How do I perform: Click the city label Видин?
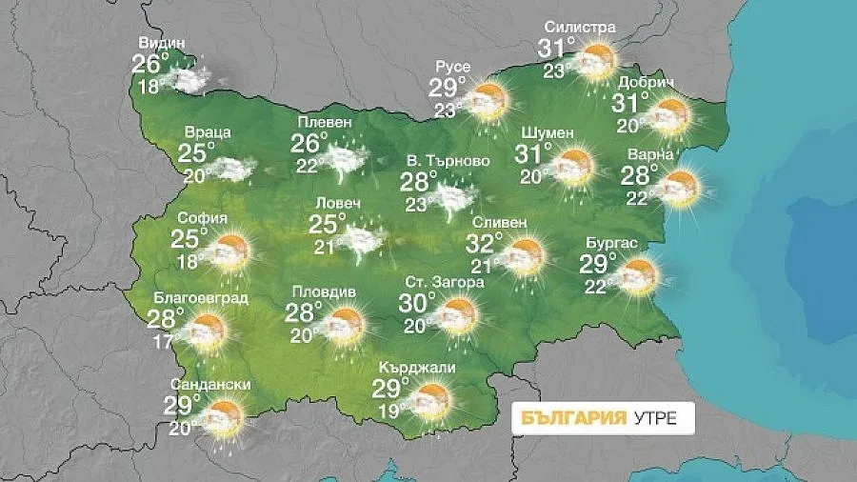pyautogui.click(x=161, y=43)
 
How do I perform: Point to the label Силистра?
pyautogui.click(x=579, y=28)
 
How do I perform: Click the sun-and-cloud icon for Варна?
pyautogui.click(x=680, y=187)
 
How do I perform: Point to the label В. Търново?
pyautogui.click(x=448, y=161)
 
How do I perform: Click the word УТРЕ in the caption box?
pyautogui.click(x=656, y=419)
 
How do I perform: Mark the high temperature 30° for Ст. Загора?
pyautogui.click(x=417, y=304)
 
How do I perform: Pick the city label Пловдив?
pyautogui.click(x=322, y=291)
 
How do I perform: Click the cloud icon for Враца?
pyautogui.click(x=229, y=169)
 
